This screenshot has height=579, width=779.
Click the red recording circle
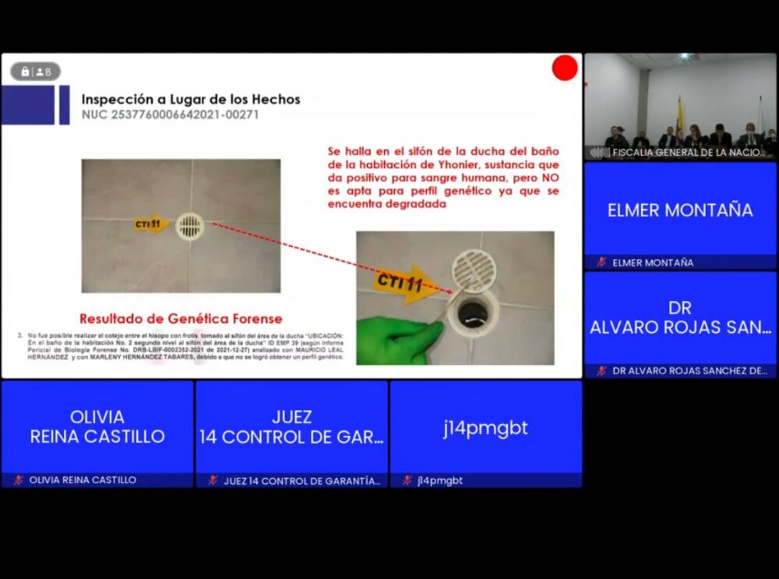(x=565, y=68)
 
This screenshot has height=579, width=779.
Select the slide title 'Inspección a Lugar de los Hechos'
(x=191, y=100)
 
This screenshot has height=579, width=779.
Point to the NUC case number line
(x=170, y=115)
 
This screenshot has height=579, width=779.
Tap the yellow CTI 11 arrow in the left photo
(x=150, y=224)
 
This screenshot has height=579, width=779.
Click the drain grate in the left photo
(x=189, y=226)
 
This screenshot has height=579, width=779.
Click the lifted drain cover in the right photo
(x=474, y=270)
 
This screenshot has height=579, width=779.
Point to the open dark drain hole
(x=472, y=314)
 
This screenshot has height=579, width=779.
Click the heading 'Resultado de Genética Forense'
(x=181, y=318)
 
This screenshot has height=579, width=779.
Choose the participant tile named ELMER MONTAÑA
(x=680, y=210)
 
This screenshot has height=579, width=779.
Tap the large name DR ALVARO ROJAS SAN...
(x=680, y=318)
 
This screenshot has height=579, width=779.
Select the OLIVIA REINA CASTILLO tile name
(x=97, y=427)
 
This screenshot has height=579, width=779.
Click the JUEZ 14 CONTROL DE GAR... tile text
(x=291, y=427)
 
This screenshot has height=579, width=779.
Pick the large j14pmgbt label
(x=485, y=427)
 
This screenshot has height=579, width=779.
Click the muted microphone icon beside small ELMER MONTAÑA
(x=601, y=262)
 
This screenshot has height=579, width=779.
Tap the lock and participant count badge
(x=35, y=72)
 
